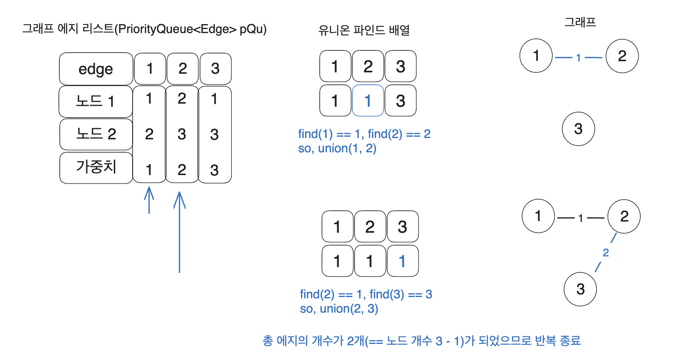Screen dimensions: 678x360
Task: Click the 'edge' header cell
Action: coord(96,69)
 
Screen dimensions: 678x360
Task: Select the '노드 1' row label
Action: coord(96,101)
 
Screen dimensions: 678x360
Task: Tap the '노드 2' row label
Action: coord(96,134)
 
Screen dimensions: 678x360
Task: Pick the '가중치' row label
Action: coord(96,167)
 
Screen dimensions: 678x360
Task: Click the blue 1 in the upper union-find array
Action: coord(368,100)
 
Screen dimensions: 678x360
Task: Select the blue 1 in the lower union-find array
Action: coord(402,261)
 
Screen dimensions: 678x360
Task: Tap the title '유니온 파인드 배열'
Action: coord(364,30)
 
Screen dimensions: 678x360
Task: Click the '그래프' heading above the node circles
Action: coord(580,22)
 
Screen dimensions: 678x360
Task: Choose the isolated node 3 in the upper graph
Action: coord(578,129)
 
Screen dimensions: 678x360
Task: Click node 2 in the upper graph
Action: coord(622,56)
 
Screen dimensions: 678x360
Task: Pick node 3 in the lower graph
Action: coord(580,289)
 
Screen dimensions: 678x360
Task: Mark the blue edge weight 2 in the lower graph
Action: coord(606,253)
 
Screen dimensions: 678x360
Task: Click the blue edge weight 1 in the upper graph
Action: coord(578,58)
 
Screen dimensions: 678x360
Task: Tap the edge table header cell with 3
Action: coord(215,69)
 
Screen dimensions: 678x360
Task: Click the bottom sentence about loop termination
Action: coord(422,341)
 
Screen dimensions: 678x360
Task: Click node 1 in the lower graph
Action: coord(538,216)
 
